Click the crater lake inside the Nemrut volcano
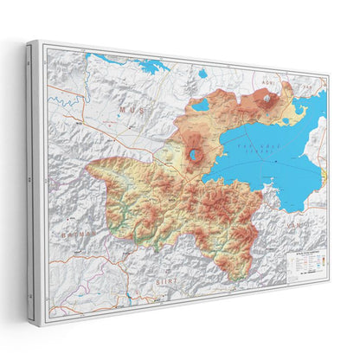pos(198,157)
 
